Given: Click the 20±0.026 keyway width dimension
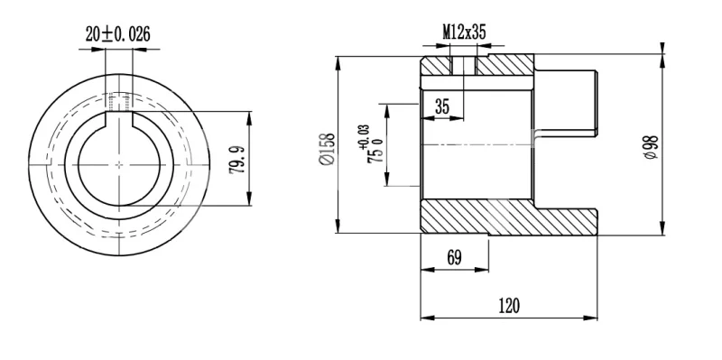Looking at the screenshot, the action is (118, 34).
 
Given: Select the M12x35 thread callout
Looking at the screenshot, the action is (464, 32).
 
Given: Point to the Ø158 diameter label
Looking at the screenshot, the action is (328, 149).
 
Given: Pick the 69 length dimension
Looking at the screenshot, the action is (454, 258).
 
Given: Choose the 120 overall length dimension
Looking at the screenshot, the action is (509, 305).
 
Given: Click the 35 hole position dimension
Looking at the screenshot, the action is (441, 106).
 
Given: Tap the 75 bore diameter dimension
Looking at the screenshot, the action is (375, 155).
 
